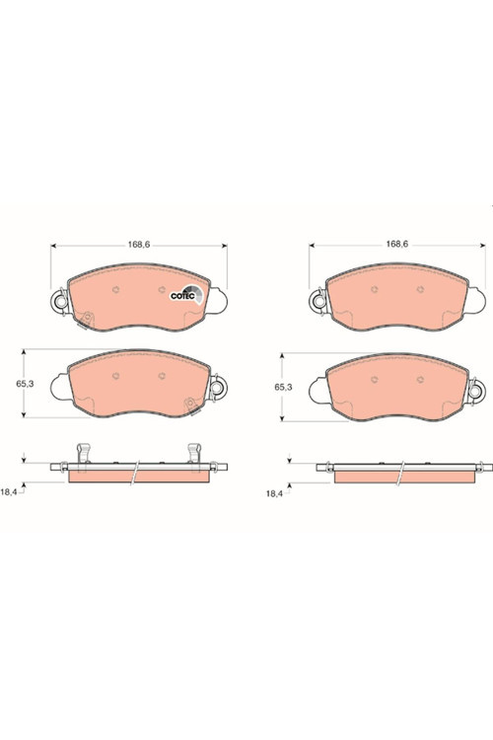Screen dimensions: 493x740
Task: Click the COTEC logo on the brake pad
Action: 187,294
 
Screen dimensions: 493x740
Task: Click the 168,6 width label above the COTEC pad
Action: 139,245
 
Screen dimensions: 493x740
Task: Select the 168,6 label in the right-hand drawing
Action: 396,244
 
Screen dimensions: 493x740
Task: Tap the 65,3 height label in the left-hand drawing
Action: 25,384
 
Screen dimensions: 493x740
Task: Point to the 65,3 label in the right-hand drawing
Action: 284,387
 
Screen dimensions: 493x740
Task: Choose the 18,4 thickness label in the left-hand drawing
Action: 9,491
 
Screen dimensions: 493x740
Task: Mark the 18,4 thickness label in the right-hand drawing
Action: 274,493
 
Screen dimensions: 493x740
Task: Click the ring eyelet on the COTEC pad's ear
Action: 60,300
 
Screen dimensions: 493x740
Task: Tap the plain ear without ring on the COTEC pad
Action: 217,301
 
